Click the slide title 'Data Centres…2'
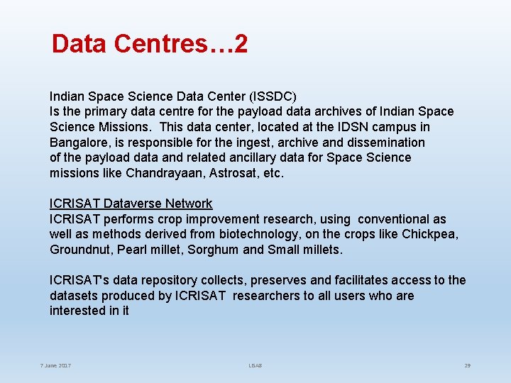point(150,45)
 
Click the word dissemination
point(386,143)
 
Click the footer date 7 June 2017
point(55,365)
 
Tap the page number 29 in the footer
point(467,365)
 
